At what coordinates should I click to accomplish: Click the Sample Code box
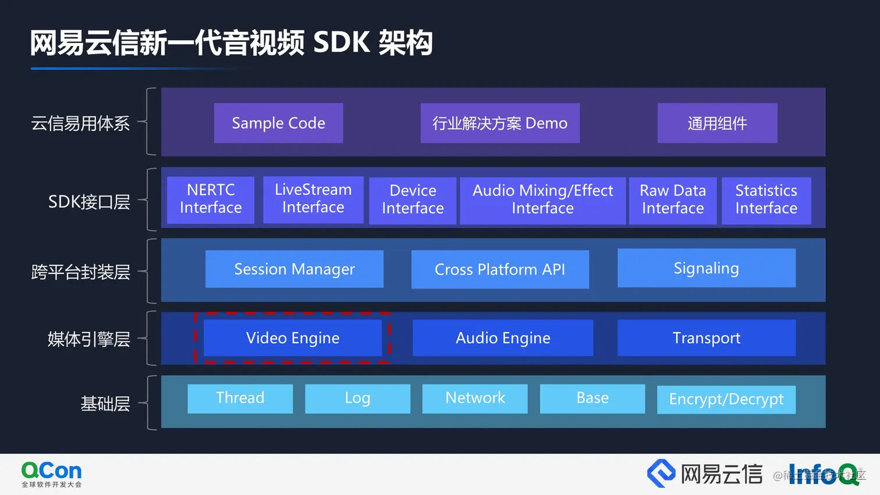coord(278,123)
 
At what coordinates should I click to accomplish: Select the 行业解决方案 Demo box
coord(500,123)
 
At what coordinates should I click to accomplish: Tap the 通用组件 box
coord(717,123)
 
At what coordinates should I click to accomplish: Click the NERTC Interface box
coord(211,200)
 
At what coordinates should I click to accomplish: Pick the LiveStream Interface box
coord(313,199)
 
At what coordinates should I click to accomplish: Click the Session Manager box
coord(294,269)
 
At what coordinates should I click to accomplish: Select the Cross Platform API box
coord(500,269)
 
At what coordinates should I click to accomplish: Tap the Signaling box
coord(706,268)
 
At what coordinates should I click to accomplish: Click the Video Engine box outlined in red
coord(292,338)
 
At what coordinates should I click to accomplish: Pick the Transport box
coord(706,338)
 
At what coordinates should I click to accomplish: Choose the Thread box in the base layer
coord(240,398)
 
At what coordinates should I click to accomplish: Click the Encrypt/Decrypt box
coord(726,400)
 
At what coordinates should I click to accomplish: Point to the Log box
coord(357,398)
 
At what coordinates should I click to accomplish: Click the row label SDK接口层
coord(89,202)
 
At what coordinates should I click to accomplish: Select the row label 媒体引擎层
coord(89,339)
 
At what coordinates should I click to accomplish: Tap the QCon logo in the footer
coord(51,474)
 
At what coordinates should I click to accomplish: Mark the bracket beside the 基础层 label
coord(150,403)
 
